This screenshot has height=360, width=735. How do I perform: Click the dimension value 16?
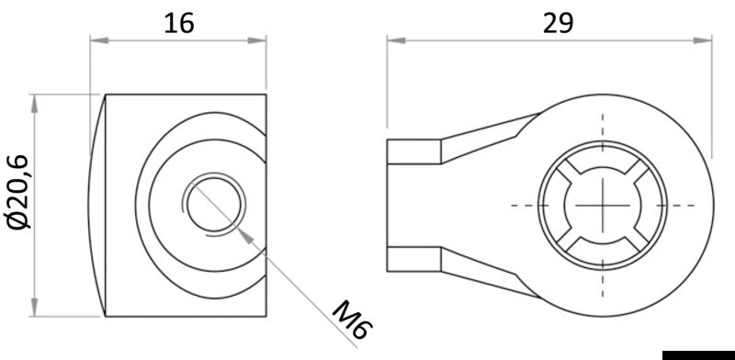(178, 22)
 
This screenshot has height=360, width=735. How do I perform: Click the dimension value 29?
(556, 22)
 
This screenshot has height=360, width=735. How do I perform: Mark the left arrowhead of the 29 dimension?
(394, 39)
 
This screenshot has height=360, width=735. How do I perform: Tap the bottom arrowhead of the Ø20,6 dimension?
(36, 307)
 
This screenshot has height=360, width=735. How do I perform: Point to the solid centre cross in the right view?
(604, 204)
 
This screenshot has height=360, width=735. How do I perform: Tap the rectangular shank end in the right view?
(413, 204)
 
